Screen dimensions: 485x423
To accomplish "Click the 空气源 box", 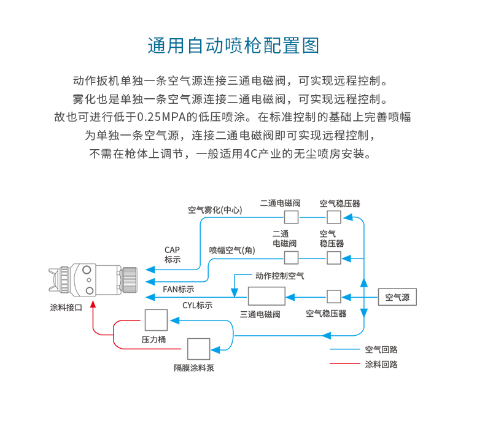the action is (x=397, y=297).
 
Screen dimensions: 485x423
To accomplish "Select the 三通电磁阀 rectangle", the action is (x=266, y=297).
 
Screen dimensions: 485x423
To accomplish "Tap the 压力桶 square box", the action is (x=156, y=320).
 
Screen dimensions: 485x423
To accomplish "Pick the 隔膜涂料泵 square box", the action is (x=198, y=349).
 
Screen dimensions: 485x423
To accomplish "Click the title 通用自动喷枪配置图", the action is (x=233, y=46).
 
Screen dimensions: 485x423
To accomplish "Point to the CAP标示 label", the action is (x=173, y=255).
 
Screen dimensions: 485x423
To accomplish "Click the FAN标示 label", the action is (x=179, y=289).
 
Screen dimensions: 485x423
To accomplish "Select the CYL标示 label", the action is (x=197, y=306).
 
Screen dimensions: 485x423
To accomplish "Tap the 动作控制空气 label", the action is (x=279, y=276).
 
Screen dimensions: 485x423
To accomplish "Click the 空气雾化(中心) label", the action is (x=215, y=210).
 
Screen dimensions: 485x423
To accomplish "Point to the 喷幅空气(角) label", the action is (x=232, y=250).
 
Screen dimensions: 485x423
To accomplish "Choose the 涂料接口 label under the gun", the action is (x=66, y=308).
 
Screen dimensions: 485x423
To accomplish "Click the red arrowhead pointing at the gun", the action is (x=93, y=305).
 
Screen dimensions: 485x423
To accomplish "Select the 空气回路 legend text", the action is (x=381, y=350).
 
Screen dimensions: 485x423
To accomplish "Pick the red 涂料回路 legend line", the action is (x=345, y=363).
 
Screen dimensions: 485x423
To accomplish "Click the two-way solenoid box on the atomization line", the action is (x=291, y=217).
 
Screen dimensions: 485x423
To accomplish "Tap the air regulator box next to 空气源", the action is (x=334, y=297).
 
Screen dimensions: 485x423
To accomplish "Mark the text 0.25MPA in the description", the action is (x=161, y=117).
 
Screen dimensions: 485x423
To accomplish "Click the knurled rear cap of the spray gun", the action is (x=130, y=280).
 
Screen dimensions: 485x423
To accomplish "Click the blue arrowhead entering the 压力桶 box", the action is (x=175, y=320).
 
